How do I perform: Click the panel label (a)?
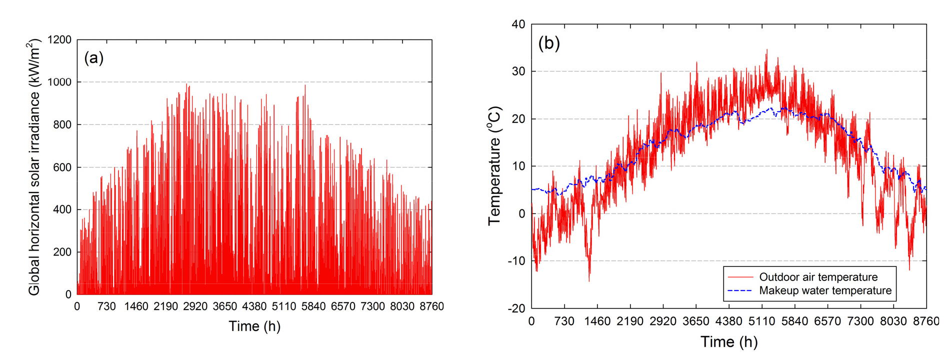[x=93, y=58]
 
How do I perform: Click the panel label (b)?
[x=548, y=43]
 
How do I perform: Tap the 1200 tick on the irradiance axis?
[x=59, y=39]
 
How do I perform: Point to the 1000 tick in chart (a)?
[x=59, y=82]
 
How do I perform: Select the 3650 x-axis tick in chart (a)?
[x=225, y=306]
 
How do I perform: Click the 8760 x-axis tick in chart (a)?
[x=432, y=306]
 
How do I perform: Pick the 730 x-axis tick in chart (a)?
[x=106, y=306]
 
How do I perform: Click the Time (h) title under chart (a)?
[x=254, y=326]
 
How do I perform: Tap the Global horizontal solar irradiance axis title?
[x=33, y=167]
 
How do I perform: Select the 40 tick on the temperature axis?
[x=518, y=24]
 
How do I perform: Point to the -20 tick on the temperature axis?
[x=516, y=308]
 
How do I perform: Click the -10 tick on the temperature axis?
[x=516, y=261]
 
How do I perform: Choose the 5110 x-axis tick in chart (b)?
[x=761, y=321]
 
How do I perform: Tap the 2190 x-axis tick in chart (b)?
[x=630, y=321]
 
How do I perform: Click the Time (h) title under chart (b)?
[x=729, y=342]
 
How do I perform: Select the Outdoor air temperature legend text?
[x=818, y=277]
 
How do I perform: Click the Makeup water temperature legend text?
[x=825, y=290]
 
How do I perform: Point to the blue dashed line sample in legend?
[x=740, y=290]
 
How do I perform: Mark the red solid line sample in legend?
[x=740, y=277]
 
